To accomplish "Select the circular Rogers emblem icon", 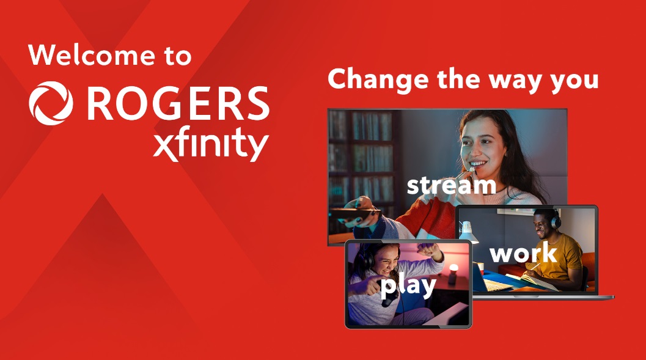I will pyautogui.click(x=51, y=105).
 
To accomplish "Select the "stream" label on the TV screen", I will pyautogui.click(x=451, y=185).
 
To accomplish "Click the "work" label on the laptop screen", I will pyautogui.click(x=523, y=253).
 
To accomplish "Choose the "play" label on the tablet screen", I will pyautogui.click(x=408, y=285).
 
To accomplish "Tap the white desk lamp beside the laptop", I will pyautogui.click(x=468, y=230).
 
